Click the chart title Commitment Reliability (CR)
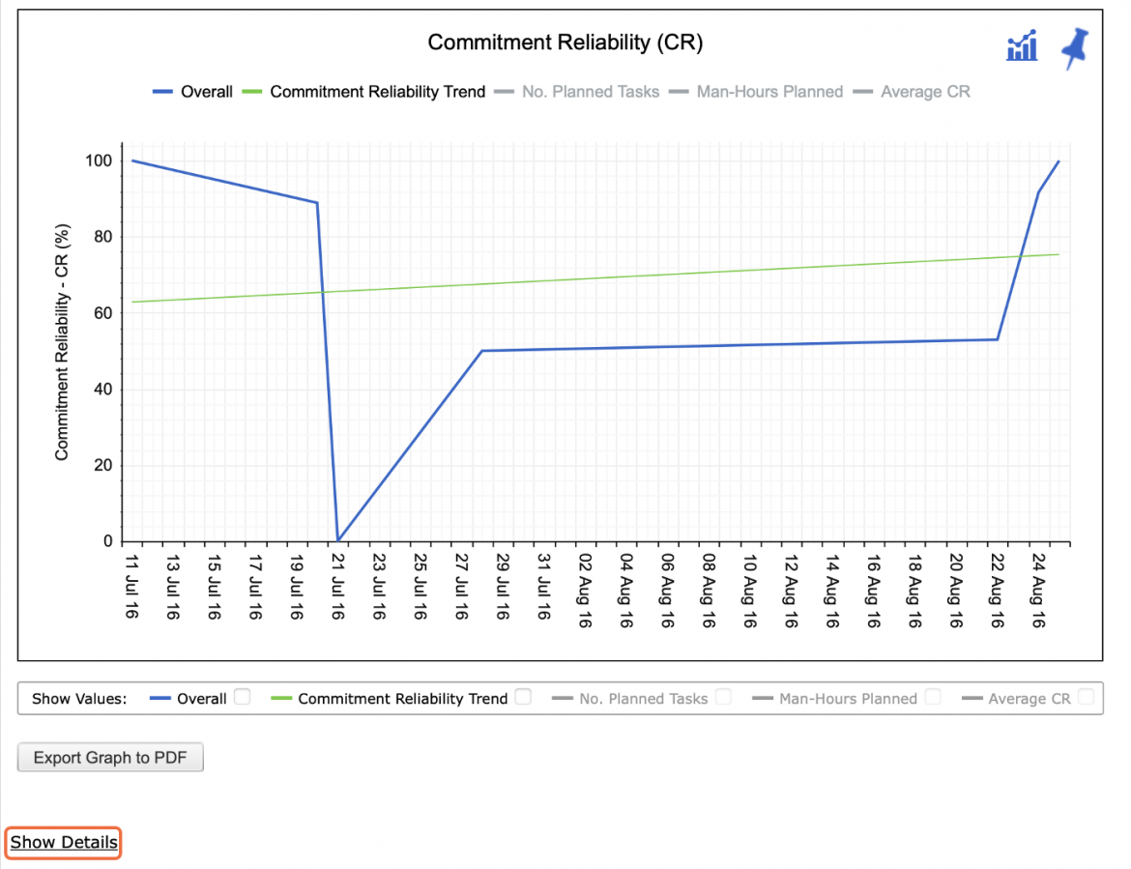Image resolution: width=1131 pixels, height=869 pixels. pos(565,43)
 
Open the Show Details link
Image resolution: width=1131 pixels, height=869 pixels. pos(64,842)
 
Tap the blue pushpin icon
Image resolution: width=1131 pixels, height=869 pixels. pos(1075,47)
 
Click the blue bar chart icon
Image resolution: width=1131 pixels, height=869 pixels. pos(1022,45)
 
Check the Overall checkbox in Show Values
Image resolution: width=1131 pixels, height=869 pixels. pos(243,697)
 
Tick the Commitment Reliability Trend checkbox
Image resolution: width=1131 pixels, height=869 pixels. pos(524,697)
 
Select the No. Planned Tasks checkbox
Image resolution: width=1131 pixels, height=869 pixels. pos(723,697)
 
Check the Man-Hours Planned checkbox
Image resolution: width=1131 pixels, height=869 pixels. pos(933,697)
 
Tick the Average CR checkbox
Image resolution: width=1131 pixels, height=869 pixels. pos(1086,697)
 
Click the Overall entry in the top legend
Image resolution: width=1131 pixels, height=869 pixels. pos(192,92)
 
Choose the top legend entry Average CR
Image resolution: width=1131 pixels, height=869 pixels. pos(912,92)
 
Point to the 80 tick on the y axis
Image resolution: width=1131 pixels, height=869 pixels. pos(103,237)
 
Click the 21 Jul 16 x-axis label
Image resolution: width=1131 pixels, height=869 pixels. pos(337,587)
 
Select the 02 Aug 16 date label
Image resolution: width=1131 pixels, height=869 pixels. pos(585,591)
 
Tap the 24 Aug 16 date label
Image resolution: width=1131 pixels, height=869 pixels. pos(1038,591)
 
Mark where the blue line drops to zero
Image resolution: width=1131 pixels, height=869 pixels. pos(338,540)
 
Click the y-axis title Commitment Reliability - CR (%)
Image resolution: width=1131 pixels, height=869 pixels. pos(62,342)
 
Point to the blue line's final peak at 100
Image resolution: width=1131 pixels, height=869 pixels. pos(1058,160)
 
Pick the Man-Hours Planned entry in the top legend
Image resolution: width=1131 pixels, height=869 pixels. pos(756,92)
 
